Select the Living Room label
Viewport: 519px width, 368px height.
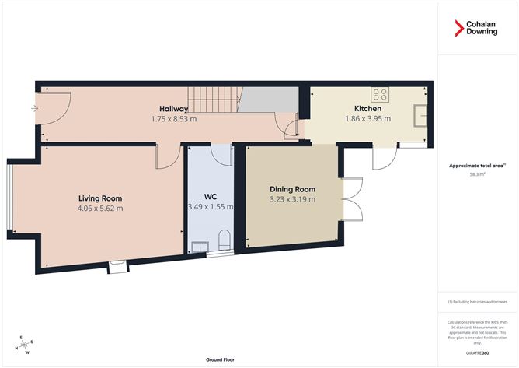tap(100, 198)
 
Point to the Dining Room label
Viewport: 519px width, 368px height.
tap(292, 189)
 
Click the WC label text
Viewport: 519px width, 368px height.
tap(210, 197)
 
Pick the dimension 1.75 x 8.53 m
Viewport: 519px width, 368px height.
tap(174, 119)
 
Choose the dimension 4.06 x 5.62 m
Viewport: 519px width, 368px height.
tap(100, 209)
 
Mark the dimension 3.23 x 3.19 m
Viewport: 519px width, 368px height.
tap(292, 200)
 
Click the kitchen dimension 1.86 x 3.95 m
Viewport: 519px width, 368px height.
tap(367, 119)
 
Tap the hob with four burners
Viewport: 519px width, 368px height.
tap(380, 95)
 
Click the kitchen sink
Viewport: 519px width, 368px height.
tap(422, 116)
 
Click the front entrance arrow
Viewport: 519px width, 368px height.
tap(33, 108)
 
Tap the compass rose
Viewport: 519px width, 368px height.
tap(26, 345)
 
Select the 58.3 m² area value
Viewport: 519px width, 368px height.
tap(477, 175)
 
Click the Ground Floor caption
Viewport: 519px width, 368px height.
tap(221, 360)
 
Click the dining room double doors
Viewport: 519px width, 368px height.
tap(351, 199)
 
